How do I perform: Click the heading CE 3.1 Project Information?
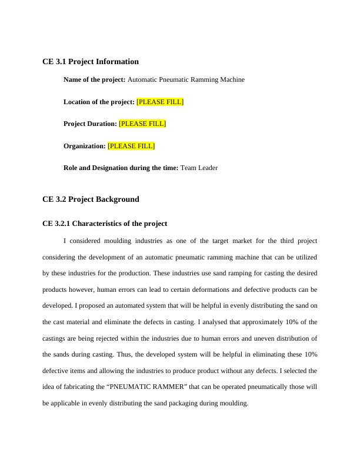(91, 61)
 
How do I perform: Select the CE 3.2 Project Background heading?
(91, 199)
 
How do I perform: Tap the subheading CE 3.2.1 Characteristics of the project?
(105, 224)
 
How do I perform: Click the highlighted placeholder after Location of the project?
(160, 102)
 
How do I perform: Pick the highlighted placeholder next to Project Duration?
(142, 124)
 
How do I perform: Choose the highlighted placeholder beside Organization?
(131, 146)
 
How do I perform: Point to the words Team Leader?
(199, 168)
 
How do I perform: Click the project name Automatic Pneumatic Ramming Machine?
(186, 79)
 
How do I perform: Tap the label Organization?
(84, 146)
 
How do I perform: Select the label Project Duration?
(90, 124)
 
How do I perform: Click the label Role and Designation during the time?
(121, 168)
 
